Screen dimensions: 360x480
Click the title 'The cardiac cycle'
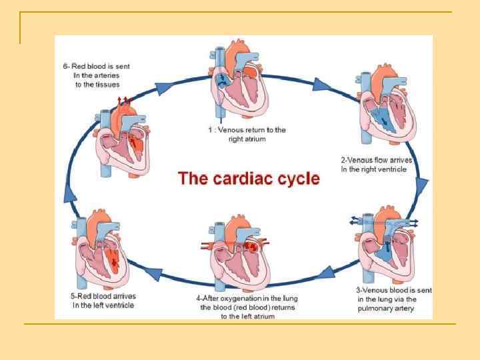(x=249, y=179)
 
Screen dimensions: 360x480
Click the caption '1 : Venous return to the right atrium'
(x=247, y=134)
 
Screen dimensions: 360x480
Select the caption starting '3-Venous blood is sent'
(x=393, y=299)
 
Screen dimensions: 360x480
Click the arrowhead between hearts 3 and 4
(x=327, y=271)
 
